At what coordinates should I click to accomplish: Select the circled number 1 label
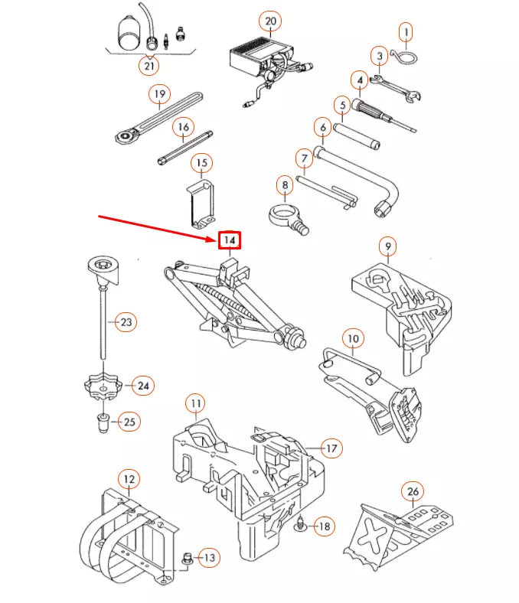406,32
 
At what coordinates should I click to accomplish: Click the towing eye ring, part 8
284,217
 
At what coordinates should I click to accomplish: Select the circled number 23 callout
126,322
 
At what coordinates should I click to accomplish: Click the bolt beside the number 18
301,526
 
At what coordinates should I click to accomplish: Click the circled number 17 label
331,448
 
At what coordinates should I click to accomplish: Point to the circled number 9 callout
389,246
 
